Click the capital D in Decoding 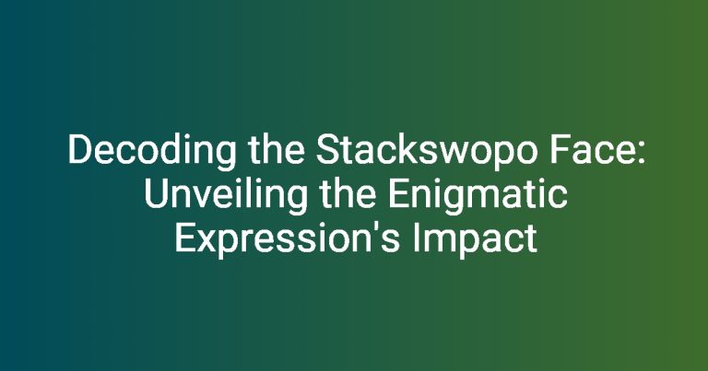point(78,150)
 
